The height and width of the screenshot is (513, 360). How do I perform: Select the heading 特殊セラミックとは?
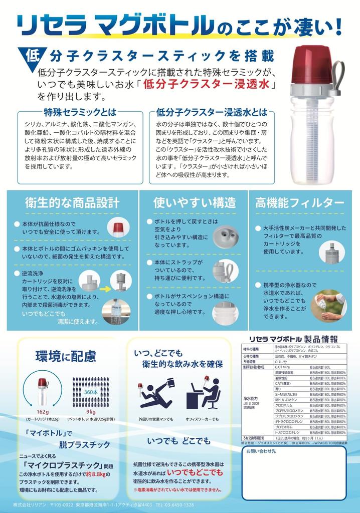[80, 111]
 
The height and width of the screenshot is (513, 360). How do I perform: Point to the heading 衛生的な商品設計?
[72, 202]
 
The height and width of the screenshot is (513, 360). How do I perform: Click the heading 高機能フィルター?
[300, 202]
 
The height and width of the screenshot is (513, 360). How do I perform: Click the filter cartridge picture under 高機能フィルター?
[332, 252]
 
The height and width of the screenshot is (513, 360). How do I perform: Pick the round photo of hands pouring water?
[329, 305]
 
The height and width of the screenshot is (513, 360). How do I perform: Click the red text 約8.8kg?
[97, 474]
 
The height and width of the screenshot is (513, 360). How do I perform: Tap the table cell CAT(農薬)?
[283, 383]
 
